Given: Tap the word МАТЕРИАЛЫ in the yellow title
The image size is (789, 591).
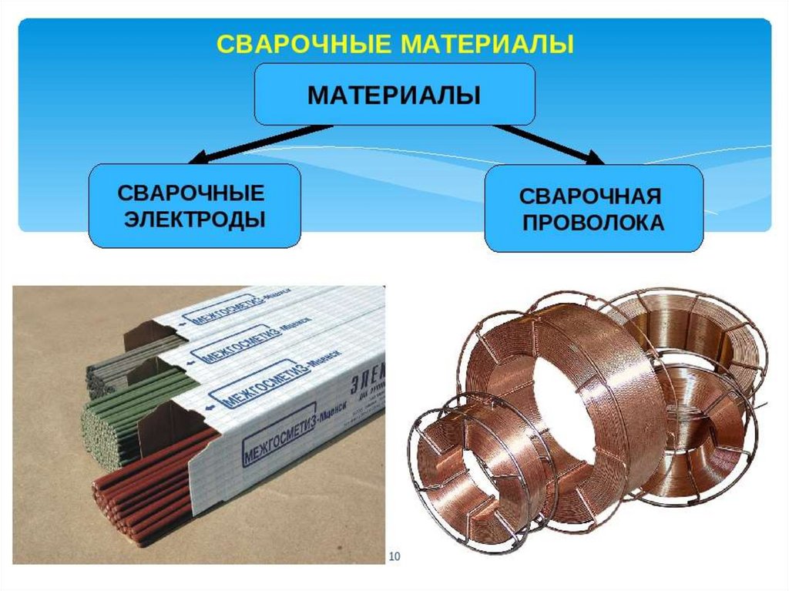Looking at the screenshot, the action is click(486, 43).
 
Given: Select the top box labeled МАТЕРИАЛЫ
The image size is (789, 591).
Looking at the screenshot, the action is click(394, 95).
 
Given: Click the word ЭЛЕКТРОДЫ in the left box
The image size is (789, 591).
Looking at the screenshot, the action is click(195, 220).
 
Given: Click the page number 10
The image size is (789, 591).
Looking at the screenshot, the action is click(396, 556).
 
